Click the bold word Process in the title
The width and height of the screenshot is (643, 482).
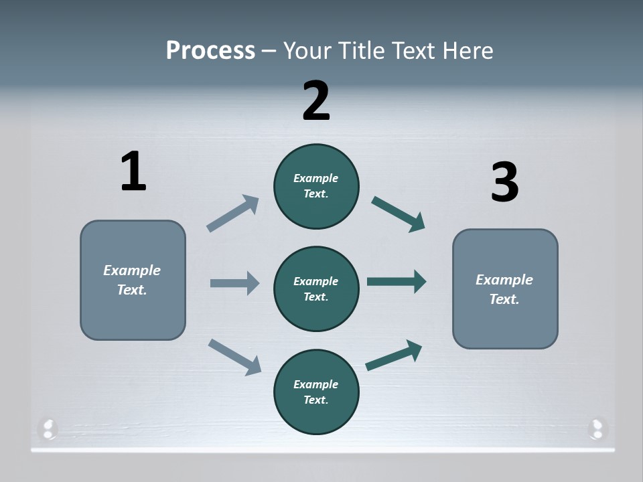[210, 50]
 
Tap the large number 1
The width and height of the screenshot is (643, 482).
[133, 171]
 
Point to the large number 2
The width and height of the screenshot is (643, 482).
[316, 100]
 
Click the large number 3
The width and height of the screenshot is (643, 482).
[504, 182]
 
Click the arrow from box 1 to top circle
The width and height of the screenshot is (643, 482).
[232, 214]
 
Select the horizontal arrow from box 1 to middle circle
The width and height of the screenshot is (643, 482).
[234, 283]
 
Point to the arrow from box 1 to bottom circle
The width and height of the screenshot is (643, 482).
[234, 356]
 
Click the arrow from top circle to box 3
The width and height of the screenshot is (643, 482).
[398, 214]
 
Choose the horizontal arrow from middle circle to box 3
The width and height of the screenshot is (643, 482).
[397, 281]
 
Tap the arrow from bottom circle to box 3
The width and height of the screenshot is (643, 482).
[394, 355]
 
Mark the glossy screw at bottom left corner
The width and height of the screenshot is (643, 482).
[48, 428]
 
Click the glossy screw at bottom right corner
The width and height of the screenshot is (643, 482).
[596, 428]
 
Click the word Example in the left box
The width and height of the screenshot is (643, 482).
[132, 270]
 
